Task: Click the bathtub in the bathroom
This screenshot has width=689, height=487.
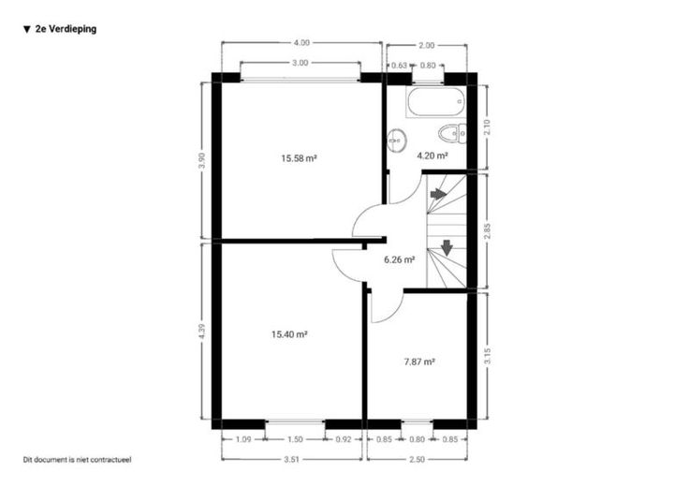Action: [435, 101]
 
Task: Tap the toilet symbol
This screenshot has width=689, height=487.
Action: [452, 133]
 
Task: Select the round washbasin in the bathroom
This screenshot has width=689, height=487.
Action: [397, 140]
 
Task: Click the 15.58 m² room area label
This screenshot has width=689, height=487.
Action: [300, 158]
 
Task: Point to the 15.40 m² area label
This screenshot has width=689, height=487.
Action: [289, 334]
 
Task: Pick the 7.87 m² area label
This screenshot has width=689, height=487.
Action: [419, 362]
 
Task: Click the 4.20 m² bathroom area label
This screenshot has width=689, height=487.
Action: [432, 155]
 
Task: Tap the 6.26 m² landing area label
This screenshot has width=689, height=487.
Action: [400, 259]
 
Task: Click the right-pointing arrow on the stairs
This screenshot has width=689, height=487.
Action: [438, 194]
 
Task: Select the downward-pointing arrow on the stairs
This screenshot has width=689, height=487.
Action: [447, 248]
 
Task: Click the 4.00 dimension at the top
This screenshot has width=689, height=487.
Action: [301, 43]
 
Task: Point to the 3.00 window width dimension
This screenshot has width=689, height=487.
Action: [301, 63]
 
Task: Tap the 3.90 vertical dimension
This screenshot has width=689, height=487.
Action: [202, 160]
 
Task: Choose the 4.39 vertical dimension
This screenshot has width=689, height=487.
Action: [202, 332]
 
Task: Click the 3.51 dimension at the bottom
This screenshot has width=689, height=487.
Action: [291, 459]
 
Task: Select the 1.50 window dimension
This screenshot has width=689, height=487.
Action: [295, 439]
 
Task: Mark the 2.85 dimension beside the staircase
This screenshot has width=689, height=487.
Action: [487, 231]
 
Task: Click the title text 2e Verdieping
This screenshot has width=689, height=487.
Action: [66, 29]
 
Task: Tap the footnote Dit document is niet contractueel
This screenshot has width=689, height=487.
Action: [78, 460]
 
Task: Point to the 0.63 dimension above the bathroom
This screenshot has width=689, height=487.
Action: [399, 66]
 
